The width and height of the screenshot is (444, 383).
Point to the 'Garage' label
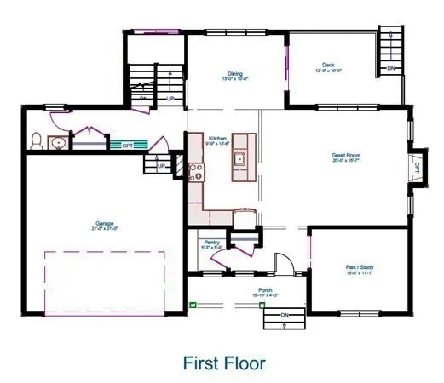(x=105, y=226)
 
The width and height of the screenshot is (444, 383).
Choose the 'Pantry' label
(x=210, y=243)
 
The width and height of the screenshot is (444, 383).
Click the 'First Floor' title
(x=224, y=363)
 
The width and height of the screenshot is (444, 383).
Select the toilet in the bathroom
(x=37, y=140)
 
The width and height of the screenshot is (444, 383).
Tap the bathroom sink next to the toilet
(x=57, y=142)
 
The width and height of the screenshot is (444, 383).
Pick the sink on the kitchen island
(x=240, y=158)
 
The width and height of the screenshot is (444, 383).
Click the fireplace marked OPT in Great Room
(x=417, y=167)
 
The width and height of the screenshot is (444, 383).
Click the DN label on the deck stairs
(x=392, y=68)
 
